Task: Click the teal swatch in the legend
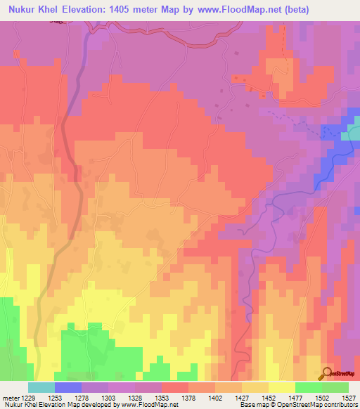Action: point(41,387)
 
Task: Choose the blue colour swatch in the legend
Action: point(67,387)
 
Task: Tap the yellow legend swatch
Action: point(281,387)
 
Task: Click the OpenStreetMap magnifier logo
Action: point(326,374)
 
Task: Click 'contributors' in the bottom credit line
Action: point(340,405)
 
